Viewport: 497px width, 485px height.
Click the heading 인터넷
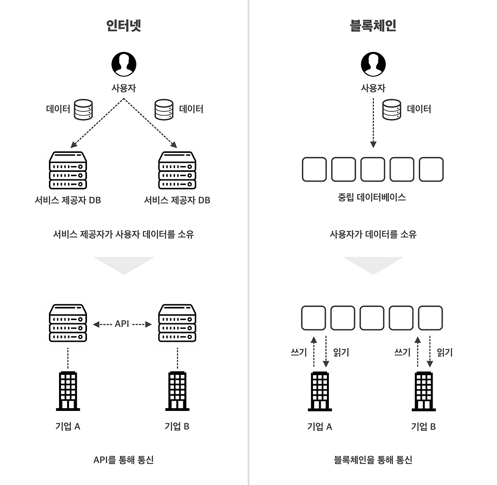(123, 26)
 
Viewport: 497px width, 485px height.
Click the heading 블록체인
(373, 26)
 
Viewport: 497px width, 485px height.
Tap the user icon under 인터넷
(124, 64)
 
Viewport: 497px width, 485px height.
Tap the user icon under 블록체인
(373, 64)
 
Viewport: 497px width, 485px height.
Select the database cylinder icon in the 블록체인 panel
(391, 109)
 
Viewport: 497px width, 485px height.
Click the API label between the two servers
(122, 324)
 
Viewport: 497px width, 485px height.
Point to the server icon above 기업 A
(68, 323)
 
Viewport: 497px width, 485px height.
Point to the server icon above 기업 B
(177, 323)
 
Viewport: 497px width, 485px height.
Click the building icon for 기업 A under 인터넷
(68, 391)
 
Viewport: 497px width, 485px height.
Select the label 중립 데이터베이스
(372, 197)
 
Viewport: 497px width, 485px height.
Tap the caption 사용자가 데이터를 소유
(373, 234)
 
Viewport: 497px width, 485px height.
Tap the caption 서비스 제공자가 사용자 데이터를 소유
(123, 234)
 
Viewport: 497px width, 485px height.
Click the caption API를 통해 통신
(123, 460)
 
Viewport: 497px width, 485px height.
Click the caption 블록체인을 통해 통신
(373, 460)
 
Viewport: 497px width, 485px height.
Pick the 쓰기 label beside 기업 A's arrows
(299, 352)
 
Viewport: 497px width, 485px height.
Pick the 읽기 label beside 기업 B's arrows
(445, 352)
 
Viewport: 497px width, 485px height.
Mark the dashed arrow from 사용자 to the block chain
(373, 123)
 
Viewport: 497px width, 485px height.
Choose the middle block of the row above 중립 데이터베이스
(373, 170)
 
